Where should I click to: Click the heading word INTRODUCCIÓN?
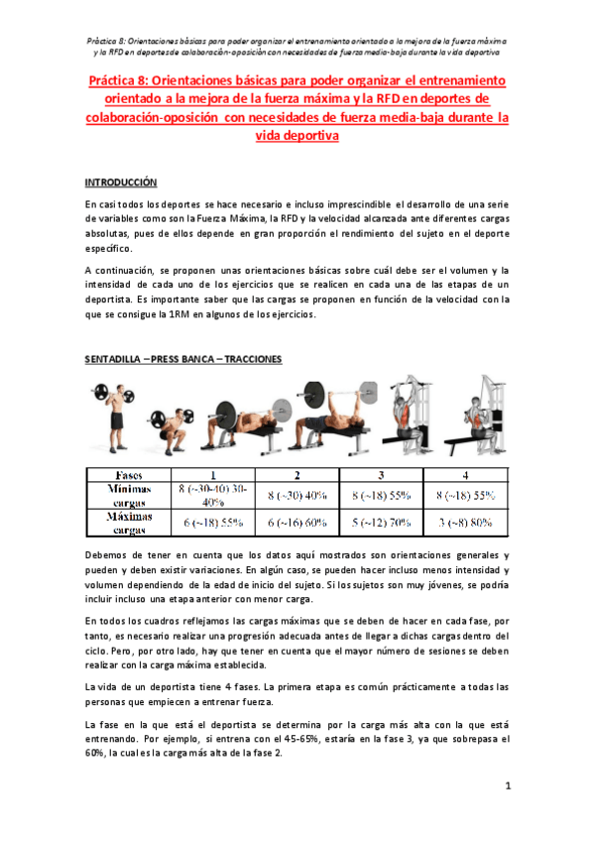tap(121, 182)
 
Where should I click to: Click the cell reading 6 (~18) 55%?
tap(210, 523)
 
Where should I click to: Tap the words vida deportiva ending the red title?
tap(297, 138)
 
